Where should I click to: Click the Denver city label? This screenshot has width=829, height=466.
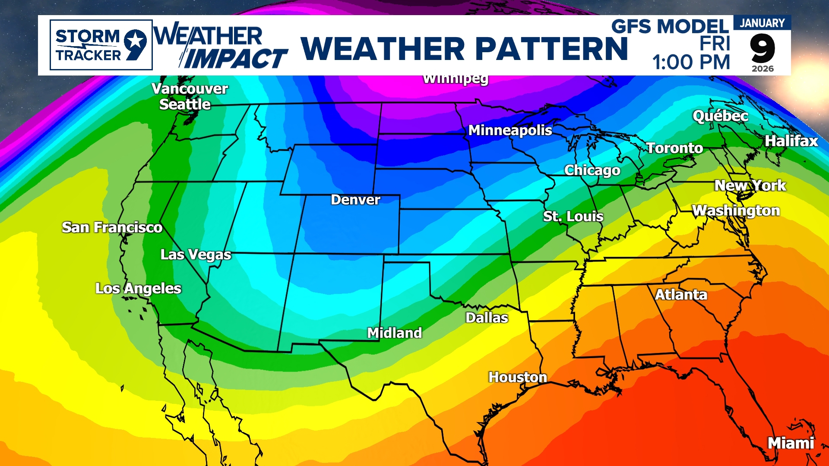tap(355, 200)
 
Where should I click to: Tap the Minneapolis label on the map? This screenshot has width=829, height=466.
tap(510, 130)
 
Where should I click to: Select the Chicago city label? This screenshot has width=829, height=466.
tap(592, 170)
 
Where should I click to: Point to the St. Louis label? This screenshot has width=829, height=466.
tap(573, 216)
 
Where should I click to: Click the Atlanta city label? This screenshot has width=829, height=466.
tap(681, 295)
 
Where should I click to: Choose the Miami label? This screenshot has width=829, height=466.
tap(791, 443)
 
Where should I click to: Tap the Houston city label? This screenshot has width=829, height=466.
tap(517, 377)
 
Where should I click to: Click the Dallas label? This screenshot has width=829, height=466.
tap(487, 318)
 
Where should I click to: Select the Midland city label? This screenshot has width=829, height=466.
tap(394, 333)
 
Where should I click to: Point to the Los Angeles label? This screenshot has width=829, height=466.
tap(138, 288)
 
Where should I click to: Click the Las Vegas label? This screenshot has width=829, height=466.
tap(196, 255)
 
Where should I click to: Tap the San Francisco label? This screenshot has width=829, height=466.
tap(112, 227)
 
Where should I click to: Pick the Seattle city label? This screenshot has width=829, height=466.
tap(185, 104)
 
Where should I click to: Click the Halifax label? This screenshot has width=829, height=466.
tap(791, 141)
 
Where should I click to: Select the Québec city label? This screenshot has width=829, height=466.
tap(720, 116)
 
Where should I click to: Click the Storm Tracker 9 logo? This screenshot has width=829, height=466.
tap(101, 45)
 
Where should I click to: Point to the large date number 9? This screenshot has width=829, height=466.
tap(763, 48)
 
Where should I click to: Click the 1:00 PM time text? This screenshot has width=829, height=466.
tap(691, 62)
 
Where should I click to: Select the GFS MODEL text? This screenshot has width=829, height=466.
tap(670, 27)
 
